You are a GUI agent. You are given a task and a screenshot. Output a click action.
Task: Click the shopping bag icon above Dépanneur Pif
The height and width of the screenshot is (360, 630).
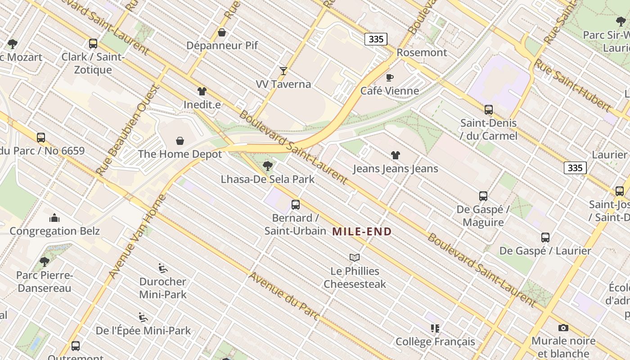coord(222,32)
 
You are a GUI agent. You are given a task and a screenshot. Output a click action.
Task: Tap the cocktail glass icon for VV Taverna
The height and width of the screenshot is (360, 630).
coord(283,71)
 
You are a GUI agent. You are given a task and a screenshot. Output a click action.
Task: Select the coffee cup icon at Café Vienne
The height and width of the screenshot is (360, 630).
coord(390,78)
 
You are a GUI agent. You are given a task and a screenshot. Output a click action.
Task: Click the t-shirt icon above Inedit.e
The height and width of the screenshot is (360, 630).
coord(202,91)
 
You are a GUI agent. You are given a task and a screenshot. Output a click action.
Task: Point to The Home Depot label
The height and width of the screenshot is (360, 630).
coord(180,154)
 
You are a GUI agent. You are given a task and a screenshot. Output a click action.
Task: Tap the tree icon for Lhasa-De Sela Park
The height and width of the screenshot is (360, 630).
coord(268,166)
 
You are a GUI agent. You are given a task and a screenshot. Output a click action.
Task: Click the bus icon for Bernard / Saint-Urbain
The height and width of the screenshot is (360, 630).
coord(296,205)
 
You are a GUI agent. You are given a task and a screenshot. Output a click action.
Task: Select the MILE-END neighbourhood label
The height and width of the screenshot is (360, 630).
coord(362,232)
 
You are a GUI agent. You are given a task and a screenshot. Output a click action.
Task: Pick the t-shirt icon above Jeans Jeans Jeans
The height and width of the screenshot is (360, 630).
coord(396,156)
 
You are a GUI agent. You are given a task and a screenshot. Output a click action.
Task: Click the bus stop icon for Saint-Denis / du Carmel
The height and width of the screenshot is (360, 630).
coord(489,109)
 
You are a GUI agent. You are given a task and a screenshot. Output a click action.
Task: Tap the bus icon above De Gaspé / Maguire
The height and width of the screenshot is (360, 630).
coord(483,196)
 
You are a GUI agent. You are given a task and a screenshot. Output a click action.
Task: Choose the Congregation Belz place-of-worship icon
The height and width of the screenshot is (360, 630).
coord(55,218)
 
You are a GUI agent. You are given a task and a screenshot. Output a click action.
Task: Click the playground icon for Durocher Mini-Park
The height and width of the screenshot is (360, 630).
coord(163,269)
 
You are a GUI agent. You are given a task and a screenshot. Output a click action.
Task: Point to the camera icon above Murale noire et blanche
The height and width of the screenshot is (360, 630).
coord(563,328)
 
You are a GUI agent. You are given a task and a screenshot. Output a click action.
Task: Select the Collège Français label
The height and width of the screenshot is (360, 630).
coord(435,342)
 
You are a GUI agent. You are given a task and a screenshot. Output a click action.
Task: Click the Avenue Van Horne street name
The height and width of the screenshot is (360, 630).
coord(137,236)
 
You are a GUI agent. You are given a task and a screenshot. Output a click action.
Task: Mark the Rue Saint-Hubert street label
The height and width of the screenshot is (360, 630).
coord(572,85)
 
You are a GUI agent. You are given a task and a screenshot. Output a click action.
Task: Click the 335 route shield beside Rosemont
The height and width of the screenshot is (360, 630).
coord(376,39)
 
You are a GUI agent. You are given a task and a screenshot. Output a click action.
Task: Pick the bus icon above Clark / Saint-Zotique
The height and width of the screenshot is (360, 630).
coord(93,44)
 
